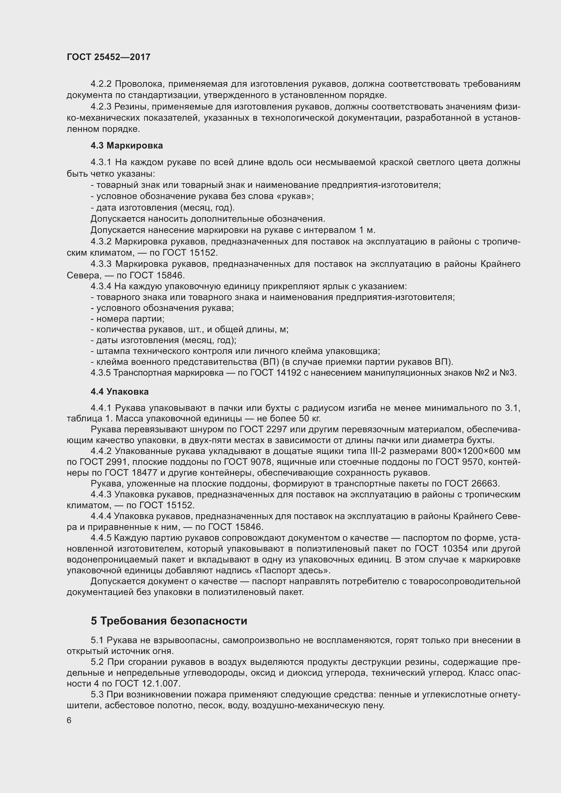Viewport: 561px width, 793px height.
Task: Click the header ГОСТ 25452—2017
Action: (109, 57)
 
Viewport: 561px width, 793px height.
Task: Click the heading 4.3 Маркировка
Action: (127, 145)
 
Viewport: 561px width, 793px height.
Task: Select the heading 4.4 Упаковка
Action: (119, 391)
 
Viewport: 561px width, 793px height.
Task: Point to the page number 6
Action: (69, 720)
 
